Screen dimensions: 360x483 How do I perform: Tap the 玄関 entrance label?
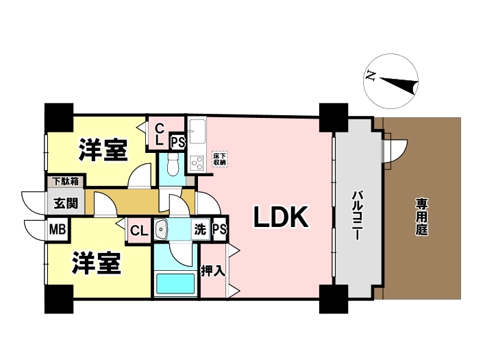(x=66, y=203)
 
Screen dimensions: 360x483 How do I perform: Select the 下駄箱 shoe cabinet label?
(x=66, y=182)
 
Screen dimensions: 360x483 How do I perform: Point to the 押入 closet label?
(x=212, y=270)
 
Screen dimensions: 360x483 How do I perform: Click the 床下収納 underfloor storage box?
(x=219, y=159)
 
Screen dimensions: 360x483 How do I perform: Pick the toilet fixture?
(x=173, y=164)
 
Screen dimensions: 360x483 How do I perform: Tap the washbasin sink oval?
(x=162, y=230)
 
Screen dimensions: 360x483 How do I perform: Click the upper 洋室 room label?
(x=103, y=149)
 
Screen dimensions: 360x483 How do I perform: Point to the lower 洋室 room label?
(x=97, y=263)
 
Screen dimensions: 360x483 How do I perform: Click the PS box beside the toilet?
(x=177, y=143)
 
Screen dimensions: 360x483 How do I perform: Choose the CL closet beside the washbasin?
(x=139, y=230)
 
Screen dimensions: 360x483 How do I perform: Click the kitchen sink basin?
(x=197, y=130)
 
